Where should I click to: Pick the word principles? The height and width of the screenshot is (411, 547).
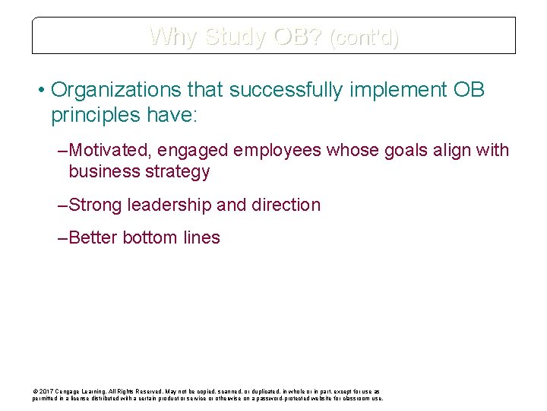pyautogui.click(x=94, y=115)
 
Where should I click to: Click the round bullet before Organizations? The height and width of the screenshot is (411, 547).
pyautogui.click(x=40, y=91)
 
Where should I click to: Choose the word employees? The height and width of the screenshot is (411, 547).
pyautogui.click(x=278, y=150)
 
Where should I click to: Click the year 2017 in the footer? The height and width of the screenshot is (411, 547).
pyautogui.click(x=45, y=391)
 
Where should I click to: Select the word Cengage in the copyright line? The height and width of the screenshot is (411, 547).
pyautogui.click(x=67, y=391)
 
